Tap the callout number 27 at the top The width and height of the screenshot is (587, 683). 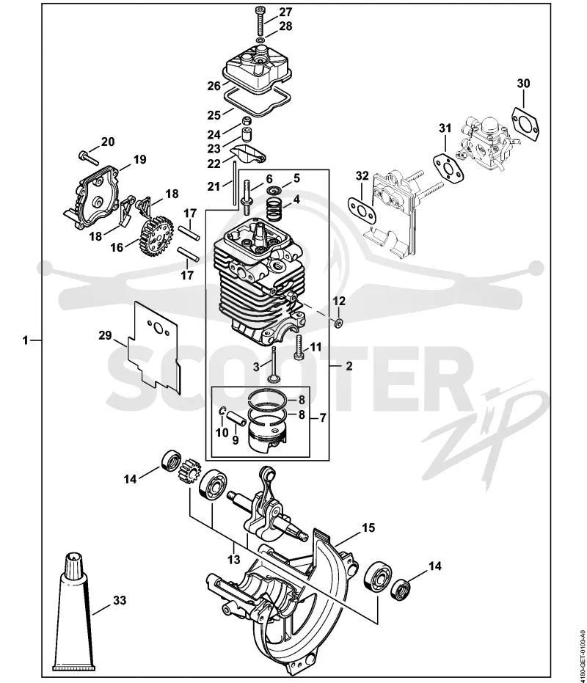click(285, 11)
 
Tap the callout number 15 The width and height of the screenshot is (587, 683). click(368, 527)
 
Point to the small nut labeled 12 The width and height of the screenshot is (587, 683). click(338, 323)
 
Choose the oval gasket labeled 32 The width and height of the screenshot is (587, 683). click(361, 210)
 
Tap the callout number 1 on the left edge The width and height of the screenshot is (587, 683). click(25, 340)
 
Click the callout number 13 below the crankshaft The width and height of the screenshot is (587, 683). click(234, 559)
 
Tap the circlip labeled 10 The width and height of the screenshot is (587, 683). click(222, 412)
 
